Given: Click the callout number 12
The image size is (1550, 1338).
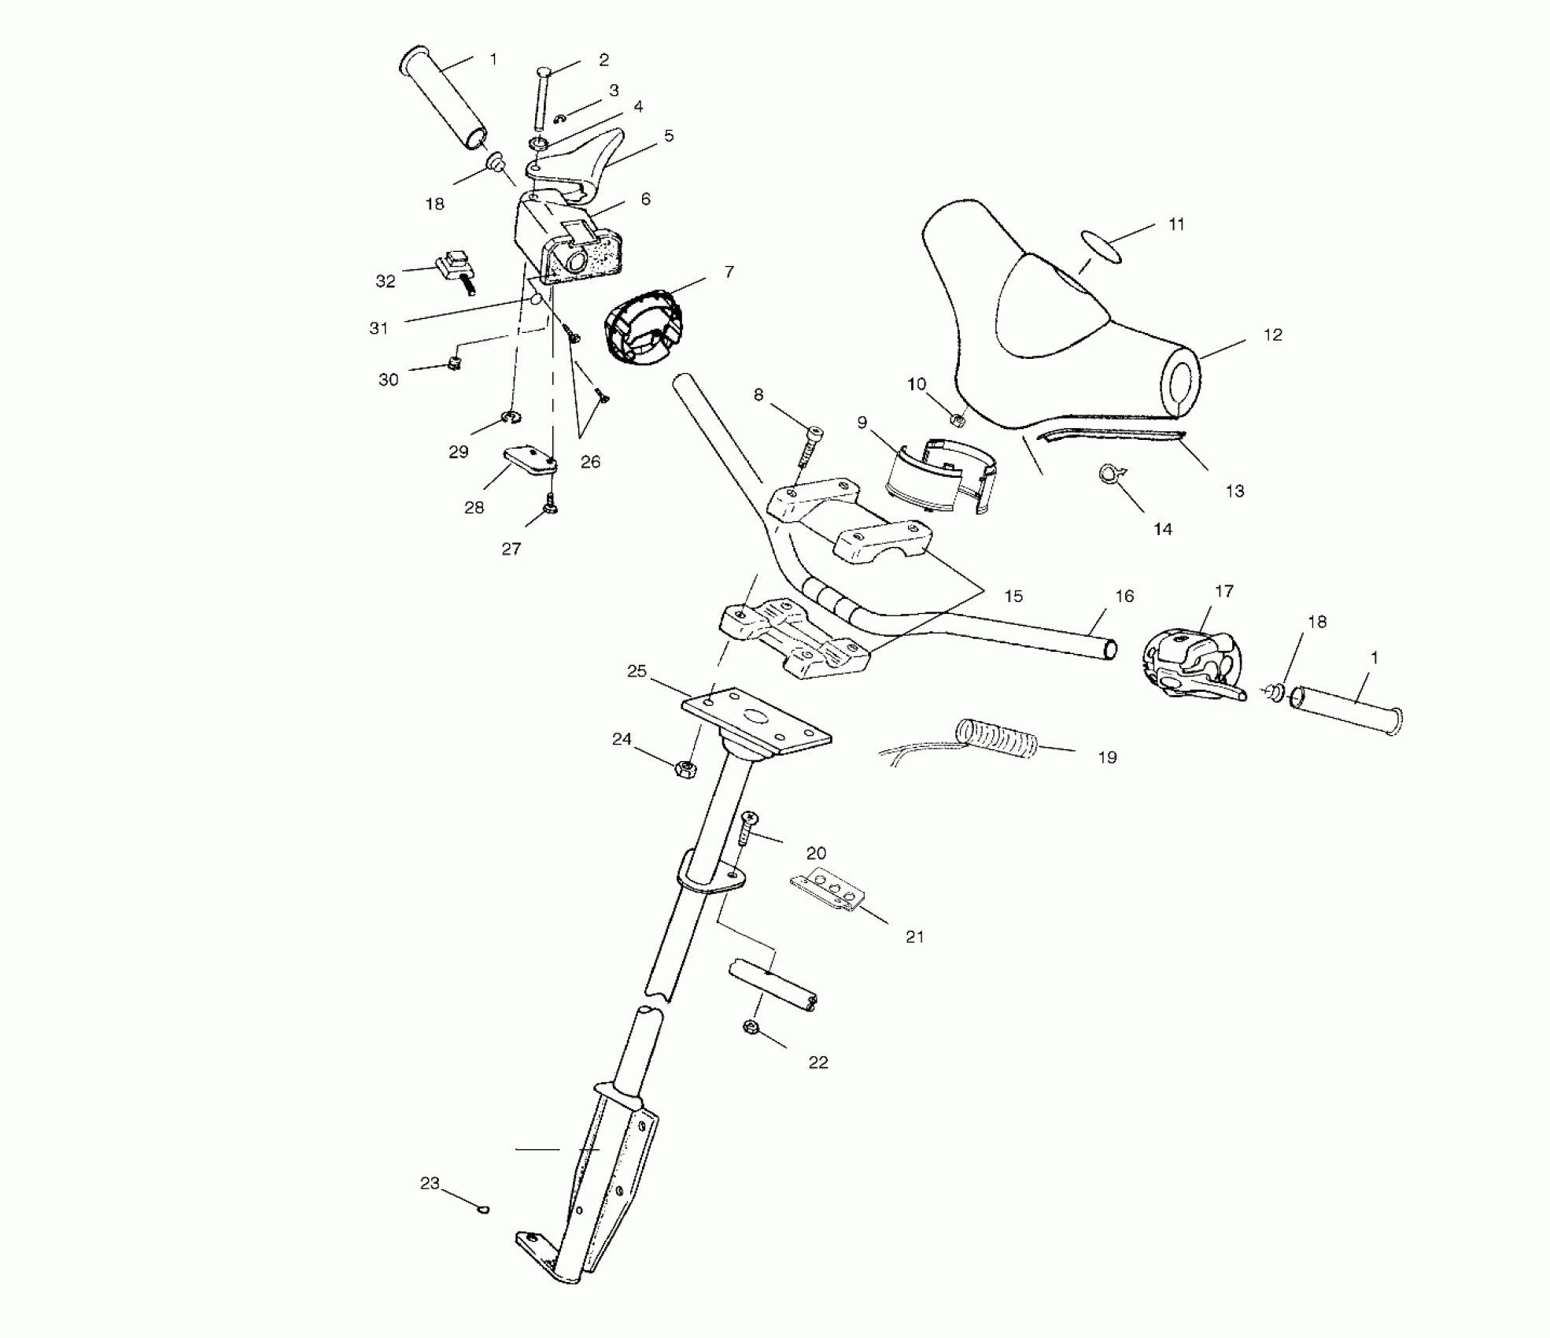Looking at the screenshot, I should (1272, 335).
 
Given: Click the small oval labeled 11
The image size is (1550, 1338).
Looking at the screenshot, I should (1102, 245).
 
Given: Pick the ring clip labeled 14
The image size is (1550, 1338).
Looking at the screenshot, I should (1109, 475).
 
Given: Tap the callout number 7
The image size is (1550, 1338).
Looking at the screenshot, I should (729, 272).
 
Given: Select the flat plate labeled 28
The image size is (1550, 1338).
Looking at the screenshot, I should (530, 460).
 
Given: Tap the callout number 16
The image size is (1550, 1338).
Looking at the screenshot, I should (1124, 597).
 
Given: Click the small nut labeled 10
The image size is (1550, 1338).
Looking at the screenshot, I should (958, 420).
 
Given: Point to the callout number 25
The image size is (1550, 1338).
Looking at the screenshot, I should (637, 671).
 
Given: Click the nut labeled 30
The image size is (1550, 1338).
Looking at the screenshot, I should (454, 363).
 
